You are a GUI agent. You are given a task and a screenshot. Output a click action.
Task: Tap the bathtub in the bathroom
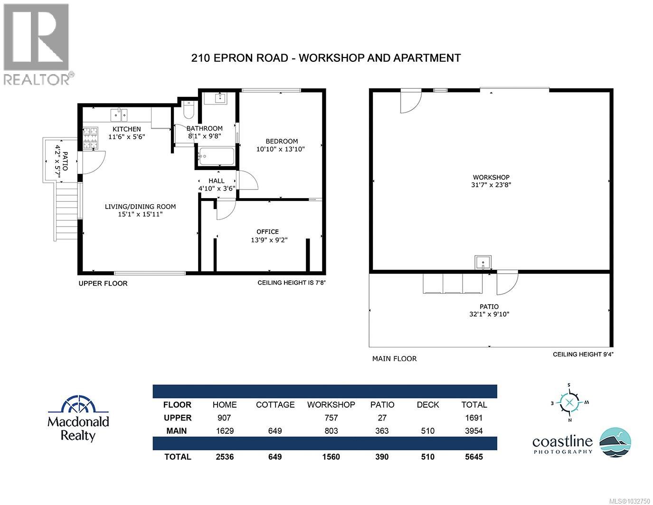(217, 156)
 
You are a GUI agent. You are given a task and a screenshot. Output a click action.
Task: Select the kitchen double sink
(119, 115)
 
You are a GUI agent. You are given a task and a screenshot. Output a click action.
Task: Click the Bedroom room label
(282, 141)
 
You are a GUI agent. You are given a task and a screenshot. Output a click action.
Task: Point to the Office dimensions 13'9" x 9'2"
(269, 240)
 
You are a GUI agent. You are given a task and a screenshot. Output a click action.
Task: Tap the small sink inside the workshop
(483, 262)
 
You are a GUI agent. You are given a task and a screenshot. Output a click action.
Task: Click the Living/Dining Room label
(140, 207)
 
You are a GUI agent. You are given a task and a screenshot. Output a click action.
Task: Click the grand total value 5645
(473, 457)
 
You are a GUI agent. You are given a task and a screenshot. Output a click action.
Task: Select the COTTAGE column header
(275, 405)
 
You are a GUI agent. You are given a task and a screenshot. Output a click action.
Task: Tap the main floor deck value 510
(427, 431)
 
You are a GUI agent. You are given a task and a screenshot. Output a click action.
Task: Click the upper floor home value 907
(224, 418)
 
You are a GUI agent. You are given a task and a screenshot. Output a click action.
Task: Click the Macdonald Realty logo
(78, 418)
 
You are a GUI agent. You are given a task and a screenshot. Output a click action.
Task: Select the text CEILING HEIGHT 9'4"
(586, 354)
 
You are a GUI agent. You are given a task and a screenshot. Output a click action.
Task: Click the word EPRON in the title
(236, 58)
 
